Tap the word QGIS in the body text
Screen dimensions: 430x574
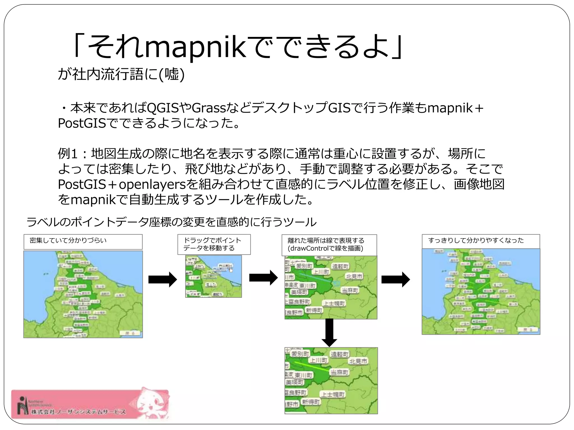[163, 108]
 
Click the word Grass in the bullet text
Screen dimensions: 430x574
[209, 108]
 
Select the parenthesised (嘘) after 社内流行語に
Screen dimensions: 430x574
[172, 74]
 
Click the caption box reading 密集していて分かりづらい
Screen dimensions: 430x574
[83, 242]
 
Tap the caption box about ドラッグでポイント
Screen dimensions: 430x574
[214, 244]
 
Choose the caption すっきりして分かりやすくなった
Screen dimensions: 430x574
[481, 241]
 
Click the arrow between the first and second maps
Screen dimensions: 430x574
[163, 279]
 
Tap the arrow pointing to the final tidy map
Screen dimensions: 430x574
[396, 279]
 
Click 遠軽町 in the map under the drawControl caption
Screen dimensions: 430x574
[340, 266]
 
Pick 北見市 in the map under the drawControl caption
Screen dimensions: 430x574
[354, 277]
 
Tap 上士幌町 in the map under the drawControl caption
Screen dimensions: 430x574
[334, 303]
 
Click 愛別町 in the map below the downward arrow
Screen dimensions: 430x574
[300, 354]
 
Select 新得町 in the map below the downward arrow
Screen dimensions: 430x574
[311, 402]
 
